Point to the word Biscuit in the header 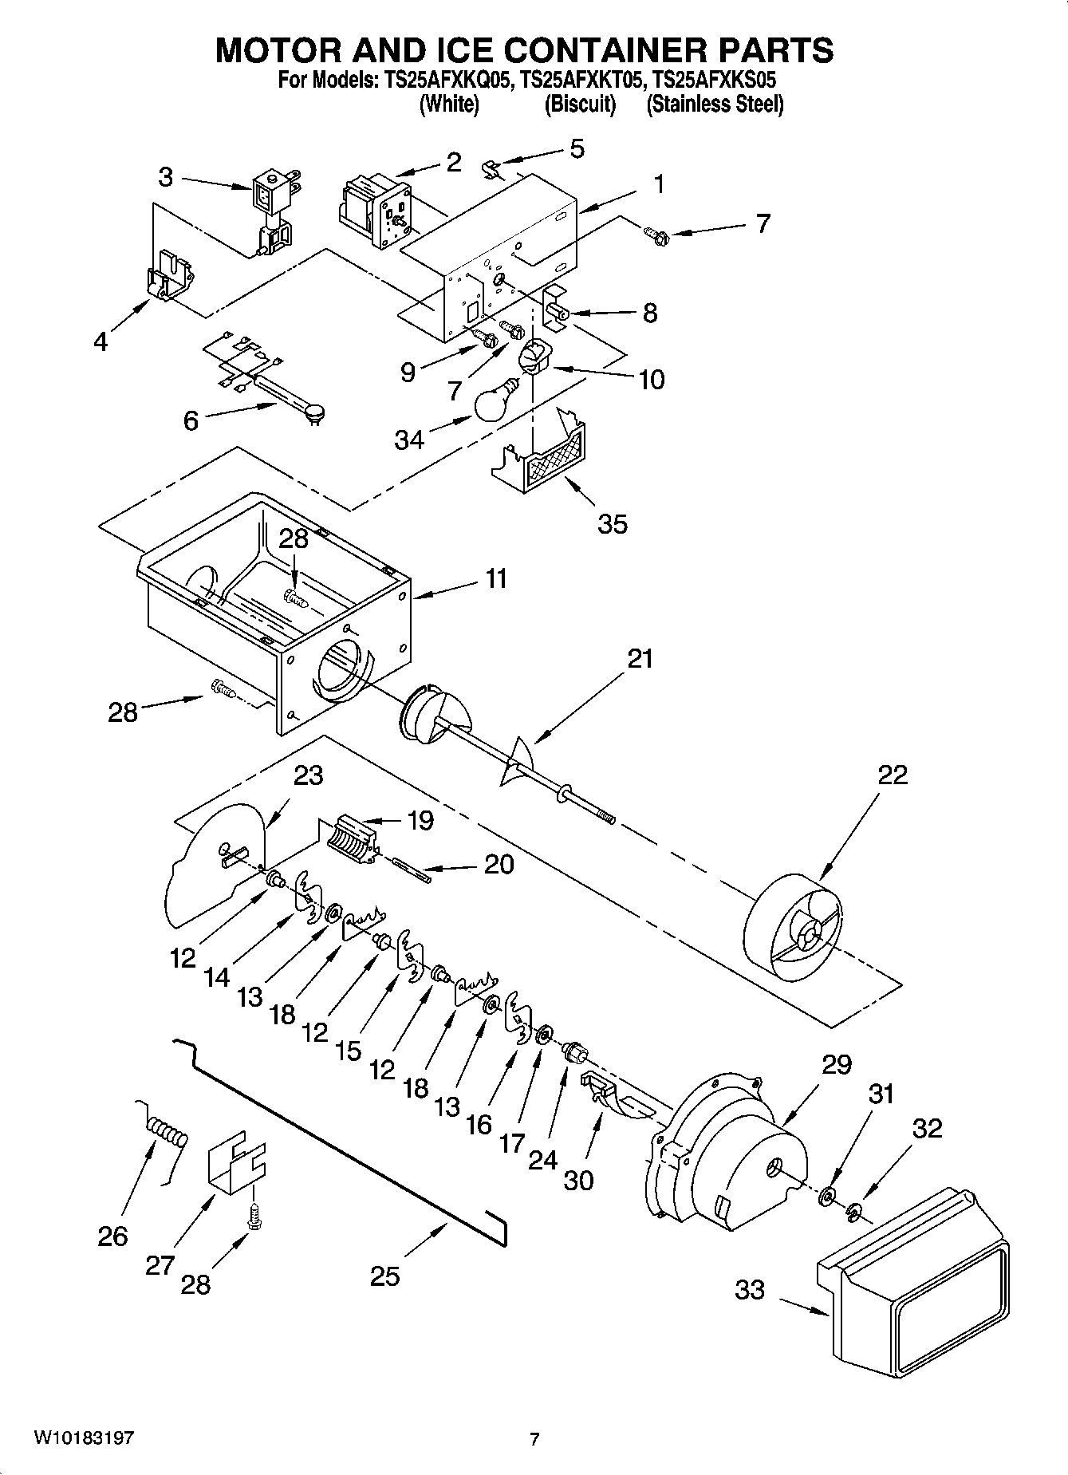[580, 105]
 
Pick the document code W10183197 [84, 1438]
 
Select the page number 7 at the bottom [534, 1440]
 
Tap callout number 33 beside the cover [749, 1289]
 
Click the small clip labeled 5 [492, 168]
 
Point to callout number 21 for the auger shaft [640, 659]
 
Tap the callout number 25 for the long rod [384, 1276]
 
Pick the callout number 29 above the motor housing [836, 1064]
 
